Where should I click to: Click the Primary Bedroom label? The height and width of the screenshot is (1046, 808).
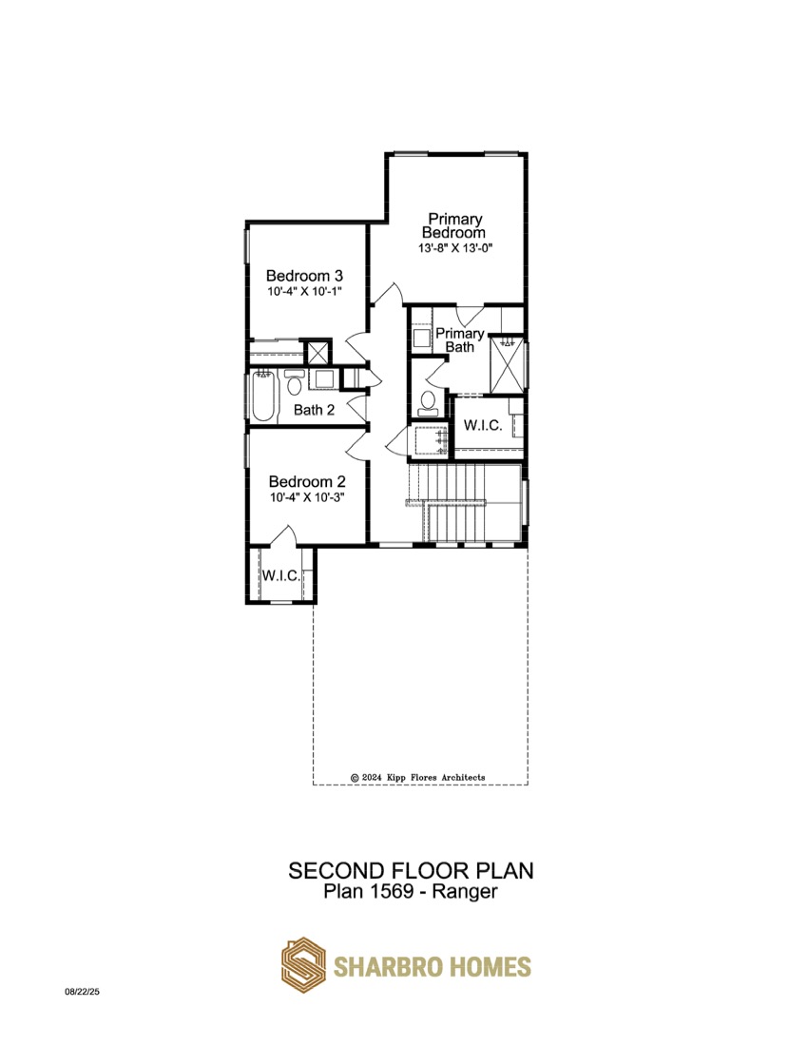pyautogui.click(x=454, y=225)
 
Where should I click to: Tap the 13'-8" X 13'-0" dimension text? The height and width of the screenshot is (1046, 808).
pyautogui.click(x=455, y=248)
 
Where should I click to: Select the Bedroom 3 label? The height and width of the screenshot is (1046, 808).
pyautogui.click(x=304, y=276)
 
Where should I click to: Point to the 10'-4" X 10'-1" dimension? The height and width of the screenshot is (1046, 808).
pyautogui.click(x=305, y=292)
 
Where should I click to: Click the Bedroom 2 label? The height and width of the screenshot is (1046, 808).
pyautogui.click(x=307, y=482)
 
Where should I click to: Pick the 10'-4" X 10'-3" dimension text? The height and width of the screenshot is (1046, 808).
pyautogui.click(x=307, y=497)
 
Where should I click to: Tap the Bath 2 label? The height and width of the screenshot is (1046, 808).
pyautogui.click(x=314, y=410)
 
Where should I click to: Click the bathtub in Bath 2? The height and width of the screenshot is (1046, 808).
pyautogui.click(x=263, y=397)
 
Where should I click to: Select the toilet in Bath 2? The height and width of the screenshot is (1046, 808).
pyautogui.click(x=294, y=382)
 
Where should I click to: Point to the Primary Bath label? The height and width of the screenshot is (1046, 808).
pyautogui.click(x=459, y=340)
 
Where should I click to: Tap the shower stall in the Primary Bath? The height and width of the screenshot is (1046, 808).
pyautogui.click(x=508, y=365)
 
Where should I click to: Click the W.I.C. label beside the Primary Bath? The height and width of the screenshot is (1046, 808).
pyautogui.click(x=483, y=425)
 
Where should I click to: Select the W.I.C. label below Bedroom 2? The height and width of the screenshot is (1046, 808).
pyautogui.click(x=280, y=575)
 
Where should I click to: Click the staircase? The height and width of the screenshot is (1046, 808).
pyautogui.click(x=464, y=503)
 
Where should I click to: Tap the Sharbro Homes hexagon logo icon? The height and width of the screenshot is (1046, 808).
pyautogui.click(x=303, y=965)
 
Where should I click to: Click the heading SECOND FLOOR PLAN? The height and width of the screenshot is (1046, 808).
pyautogui.click(x=411, y=870)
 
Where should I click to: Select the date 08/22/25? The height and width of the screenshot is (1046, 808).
pyautogui.click(x=82, y=992)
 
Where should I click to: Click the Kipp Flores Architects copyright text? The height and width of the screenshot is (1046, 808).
pyautogui.click(x=418, y=777)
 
